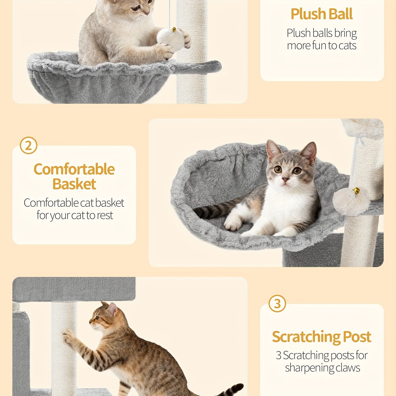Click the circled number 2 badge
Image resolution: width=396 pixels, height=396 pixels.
[29, 145]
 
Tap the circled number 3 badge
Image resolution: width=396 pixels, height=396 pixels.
[277, 304]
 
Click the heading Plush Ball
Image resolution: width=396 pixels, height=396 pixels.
[322, 14]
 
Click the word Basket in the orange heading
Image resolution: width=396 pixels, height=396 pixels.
[74, 184]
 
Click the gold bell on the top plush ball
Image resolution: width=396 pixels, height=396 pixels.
[174, 29]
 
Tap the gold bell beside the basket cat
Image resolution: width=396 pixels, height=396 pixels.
[357, 191]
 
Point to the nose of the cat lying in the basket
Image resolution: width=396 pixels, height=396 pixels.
[285, 180]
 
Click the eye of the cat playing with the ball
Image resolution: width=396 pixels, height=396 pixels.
[135, 8]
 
